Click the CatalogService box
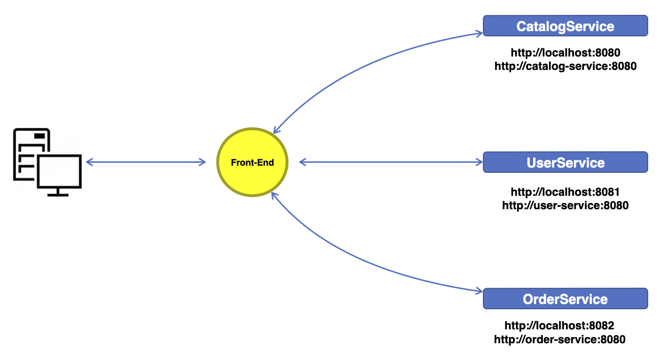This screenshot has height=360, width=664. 565,26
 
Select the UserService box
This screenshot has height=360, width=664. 565,162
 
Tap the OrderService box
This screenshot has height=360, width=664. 565,299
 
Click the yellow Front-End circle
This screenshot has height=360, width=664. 252,162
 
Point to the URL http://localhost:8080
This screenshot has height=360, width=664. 565,53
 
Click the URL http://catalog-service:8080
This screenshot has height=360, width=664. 565,66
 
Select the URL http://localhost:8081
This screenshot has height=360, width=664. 565,192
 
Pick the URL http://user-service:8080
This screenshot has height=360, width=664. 565,205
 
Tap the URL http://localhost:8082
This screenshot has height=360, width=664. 559,326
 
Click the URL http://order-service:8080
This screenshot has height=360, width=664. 559,339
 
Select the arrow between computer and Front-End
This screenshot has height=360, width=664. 146,162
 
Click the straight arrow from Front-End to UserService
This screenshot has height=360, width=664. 390,162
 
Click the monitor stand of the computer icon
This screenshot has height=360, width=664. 58,192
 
